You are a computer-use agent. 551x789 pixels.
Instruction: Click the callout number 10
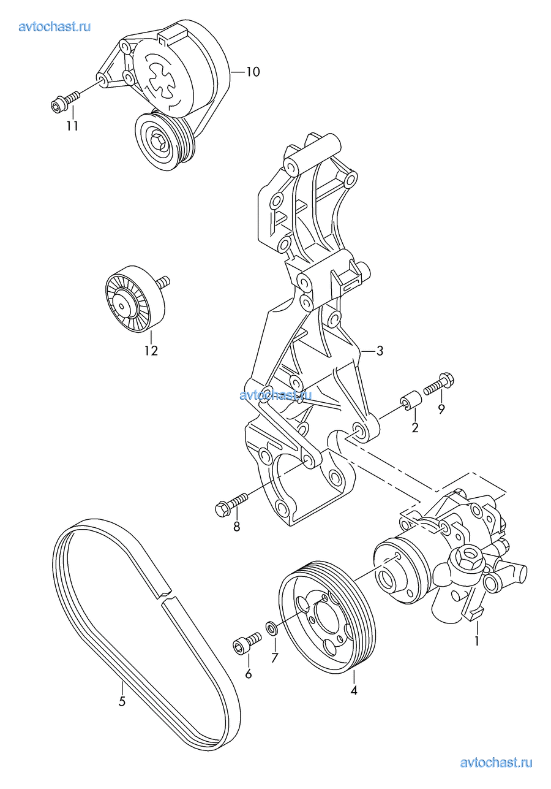coord(253,72)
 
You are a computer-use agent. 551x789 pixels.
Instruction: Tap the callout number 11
coord(72,126)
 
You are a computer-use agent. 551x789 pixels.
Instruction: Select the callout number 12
coord(151,351)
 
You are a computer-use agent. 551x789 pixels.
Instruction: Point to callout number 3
coord(380,351)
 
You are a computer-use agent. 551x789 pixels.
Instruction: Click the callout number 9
coord(441,408)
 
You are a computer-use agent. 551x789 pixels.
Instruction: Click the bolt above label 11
coord(65,100)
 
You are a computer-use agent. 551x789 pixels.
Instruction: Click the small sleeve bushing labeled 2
coord(410,400)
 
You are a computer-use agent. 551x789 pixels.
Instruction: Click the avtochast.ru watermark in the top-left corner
coord(54,27)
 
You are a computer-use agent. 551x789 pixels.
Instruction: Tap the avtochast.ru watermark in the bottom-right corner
coord(496,763)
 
